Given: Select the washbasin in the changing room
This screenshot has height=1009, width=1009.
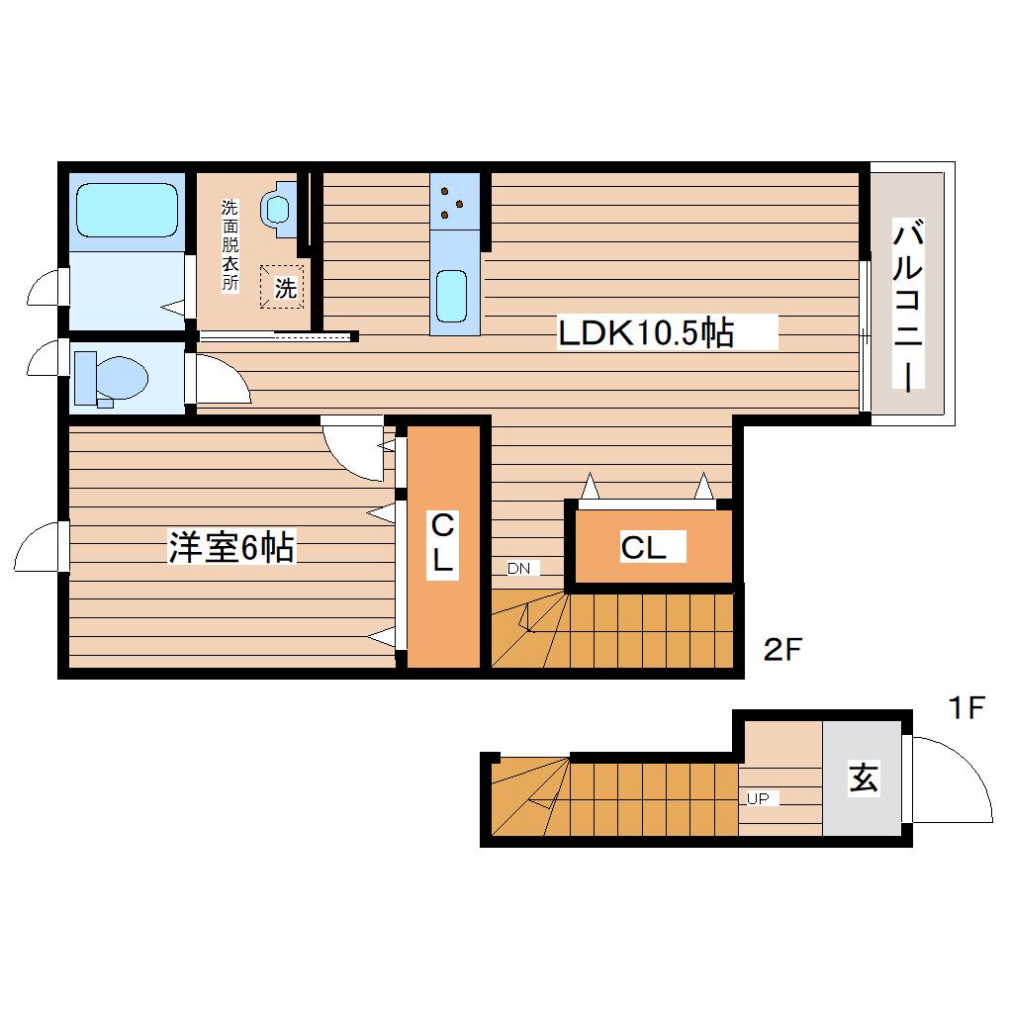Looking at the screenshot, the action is tap(278, 209).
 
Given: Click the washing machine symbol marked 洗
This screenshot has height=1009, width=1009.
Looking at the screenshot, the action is tap(282, 287).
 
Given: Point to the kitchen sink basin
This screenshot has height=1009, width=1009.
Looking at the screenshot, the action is tap(451, 296).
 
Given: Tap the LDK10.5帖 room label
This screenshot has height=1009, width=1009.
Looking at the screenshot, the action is tap(645, 333).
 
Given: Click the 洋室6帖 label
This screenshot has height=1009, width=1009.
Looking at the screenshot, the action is tap(231, 547).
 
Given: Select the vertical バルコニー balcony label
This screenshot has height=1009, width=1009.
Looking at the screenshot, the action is tap(908, 305).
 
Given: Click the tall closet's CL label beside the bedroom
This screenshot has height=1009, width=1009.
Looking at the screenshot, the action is tap(442, 542).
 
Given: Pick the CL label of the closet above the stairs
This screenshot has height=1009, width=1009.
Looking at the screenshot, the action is tap(643, 547).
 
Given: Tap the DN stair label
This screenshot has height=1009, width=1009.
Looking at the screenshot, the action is tap(518, 568).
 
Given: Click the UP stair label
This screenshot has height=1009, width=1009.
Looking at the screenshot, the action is tap(758, 798).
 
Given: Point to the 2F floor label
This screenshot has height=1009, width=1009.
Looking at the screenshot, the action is tap(782, 649).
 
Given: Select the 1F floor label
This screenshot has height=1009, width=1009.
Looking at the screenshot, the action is tap(966, 708).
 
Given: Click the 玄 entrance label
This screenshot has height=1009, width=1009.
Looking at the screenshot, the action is tap(863, 778).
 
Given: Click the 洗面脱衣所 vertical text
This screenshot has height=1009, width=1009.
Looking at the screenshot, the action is tap(229, 245).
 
